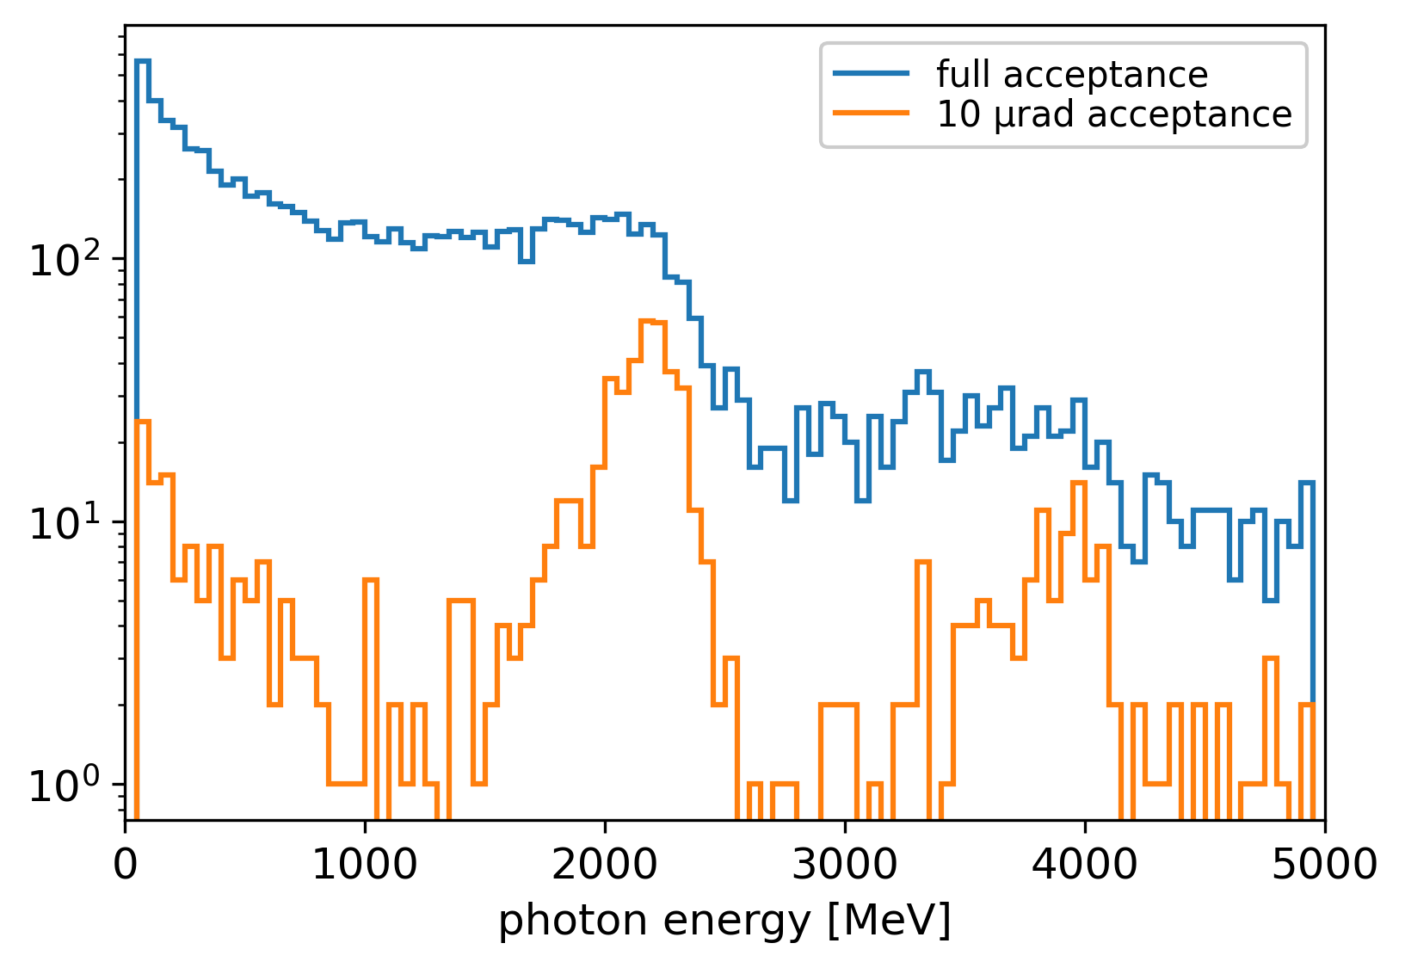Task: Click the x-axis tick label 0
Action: coord(126,865)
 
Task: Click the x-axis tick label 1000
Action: coord(365,865)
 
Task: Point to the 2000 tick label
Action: coord(605,865)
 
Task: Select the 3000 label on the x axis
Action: coord(845,865)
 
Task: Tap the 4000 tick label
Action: coord(1084,865)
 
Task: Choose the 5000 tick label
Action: coord(1324,865)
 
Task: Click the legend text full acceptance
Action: coord(1072,75)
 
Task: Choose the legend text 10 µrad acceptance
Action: coord(1114,114)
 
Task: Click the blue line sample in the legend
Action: coord(871,75)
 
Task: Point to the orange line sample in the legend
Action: coord(871,114)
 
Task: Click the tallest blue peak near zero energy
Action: coord(143,61)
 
